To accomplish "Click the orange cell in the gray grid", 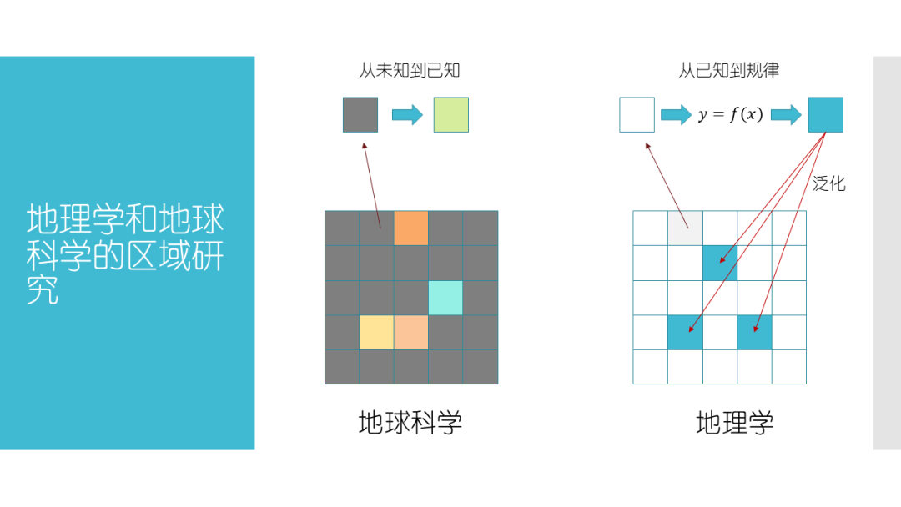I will (x=410, y=228).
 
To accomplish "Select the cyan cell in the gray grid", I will (x=445, y=298).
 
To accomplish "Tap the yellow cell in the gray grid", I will (x=376, y=332).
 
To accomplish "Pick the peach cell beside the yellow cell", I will (x=410, y=332).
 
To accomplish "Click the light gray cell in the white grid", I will (x=685, y=228).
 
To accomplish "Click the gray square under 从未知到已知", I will (x=360, y=115).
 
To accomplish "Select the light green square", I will (x=450, y=115).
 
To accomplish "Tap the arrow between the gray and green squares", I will (x=407, y=115).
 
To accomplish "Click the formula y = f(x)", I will (x=731, y=115).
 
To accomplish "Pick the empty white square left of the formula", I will (x=637, y=115).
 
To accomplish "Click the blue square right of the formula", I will (x=825, y=115).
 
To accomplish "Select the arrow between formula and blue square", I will (x=785, y=115).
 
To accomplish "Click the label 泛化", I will (x=829, y=184).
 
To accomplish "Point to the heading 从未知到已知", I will (x=410, y=71).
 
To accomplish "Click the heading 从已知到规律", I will (x=729, y=71).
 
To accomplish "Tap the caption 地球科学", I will (x=410, y=423).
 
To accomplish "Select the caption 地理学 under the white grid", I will (x=735, y=423).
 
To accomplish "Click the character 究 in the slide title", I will (x=43, y=291).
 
